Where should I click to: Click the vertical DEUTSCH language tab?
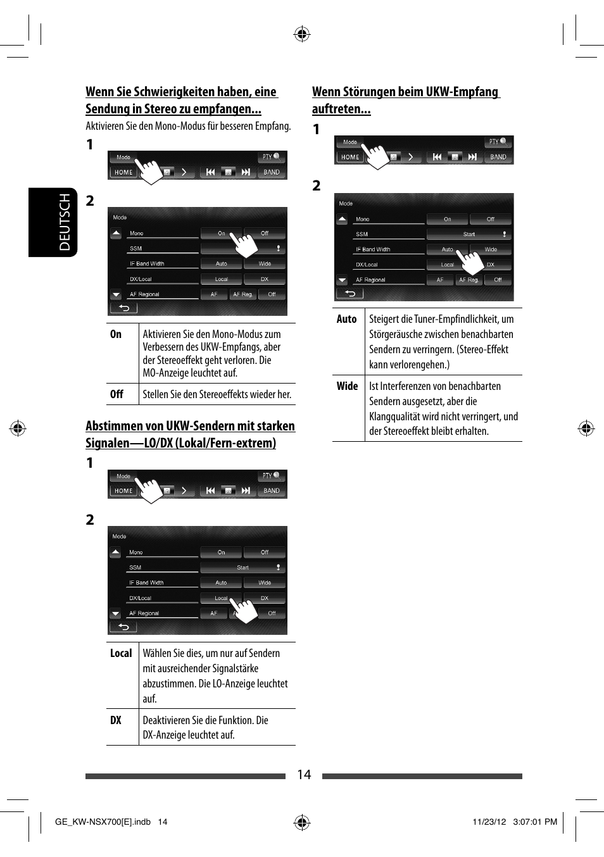pos(65,222)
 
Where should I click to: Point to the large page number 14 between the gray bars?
pos(304,775)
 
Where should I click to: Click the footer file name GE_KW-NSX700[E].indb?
pos(103,822)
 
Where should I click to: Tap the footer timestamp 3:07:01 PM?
pos(535,822)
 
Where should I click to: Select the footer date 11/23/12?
pos(489,822)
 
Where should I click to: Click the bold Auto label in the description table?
pos(346,320)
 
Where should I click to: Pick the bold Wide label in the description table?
pos(347,386)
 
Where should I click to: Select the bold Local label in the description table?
pos(121,653)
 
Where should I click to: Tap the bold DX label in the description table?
pos(116,720)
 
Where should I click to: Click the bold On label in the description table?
pos(116,334)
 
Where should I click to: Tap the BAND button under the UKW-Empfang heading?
pos(498,157)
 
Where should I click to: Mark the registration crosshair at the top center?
pos(302,34)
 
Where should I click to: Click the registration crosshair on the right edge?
pos(586,428)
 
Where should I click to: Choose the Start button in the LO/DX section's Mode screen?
pos(242,568)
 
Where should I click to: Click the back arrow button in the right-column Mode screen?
pos(349,293)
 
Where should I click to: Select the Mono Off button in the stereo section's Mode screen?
pos(265,234)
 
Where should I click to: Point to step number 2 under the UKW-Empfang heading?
pos(317,185)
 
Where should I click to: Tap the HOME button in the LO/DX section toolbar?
pos(123,491)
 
